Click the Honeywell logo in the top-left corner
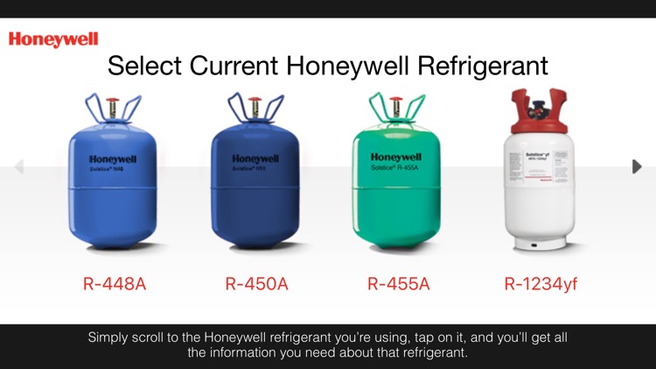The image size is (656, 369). coord(53,39)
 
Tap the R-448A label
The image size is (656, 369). coord(114,283)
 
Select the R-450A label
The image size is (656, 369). coord(256,283)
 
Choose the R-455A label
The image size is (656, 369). coord(398,283)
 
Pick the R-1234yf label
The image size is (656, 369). coord(541,283)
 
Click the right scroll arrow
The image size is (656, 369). coord(637,166)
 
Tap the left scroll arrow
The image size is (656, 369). coord(19,166)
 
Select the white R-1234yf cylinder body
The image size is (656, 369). coord(540,201)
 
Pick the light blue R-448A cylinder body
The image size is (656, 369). coord(113,201)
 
